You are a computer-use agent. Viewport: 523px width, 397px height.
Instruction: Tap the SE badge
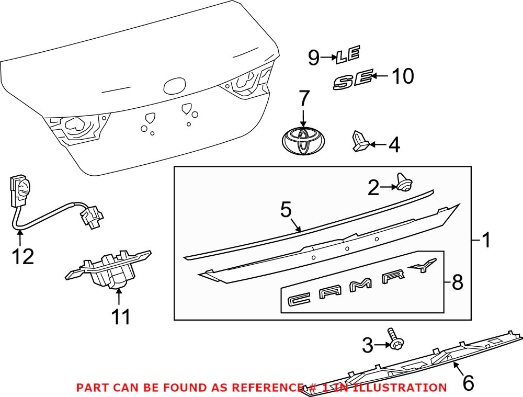pyautogui.click(x=354, y=80)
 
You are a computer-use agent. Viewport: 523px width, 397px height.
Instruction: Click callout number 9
pyautogui.click(x=313, y=57)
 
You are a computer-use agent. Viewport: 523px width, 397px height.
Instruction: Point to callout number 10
pyautogui.click(x=402, y=76)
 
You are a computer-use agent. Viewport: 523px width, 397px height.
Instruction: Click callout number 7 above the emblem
pyautogui.click(x=303, y=99)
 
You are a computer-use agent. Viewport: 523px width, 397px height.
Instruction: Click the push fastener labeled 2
pyautogui.click(x=404, y=183)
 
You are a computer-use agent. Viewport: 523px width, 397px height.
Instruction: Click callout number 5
pyautogui.click(x=286, y=210)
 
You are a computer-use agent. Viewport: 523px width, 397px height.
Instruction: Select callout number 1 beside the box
pyautogui.click(x=486, y=241)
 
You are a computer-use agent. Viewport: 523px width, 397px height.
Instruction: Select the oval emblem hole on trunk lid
pyautogui.click(x=174, y=86)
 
